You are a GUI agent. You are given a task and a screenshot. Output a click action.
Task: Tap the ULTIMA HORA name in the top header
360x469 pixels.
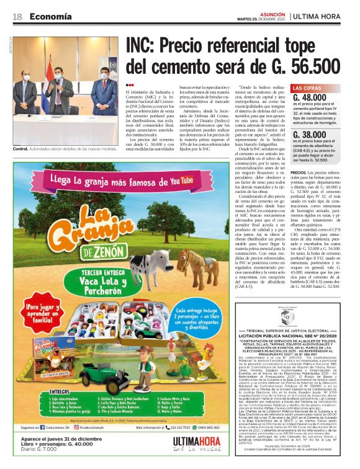point(322,16)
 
